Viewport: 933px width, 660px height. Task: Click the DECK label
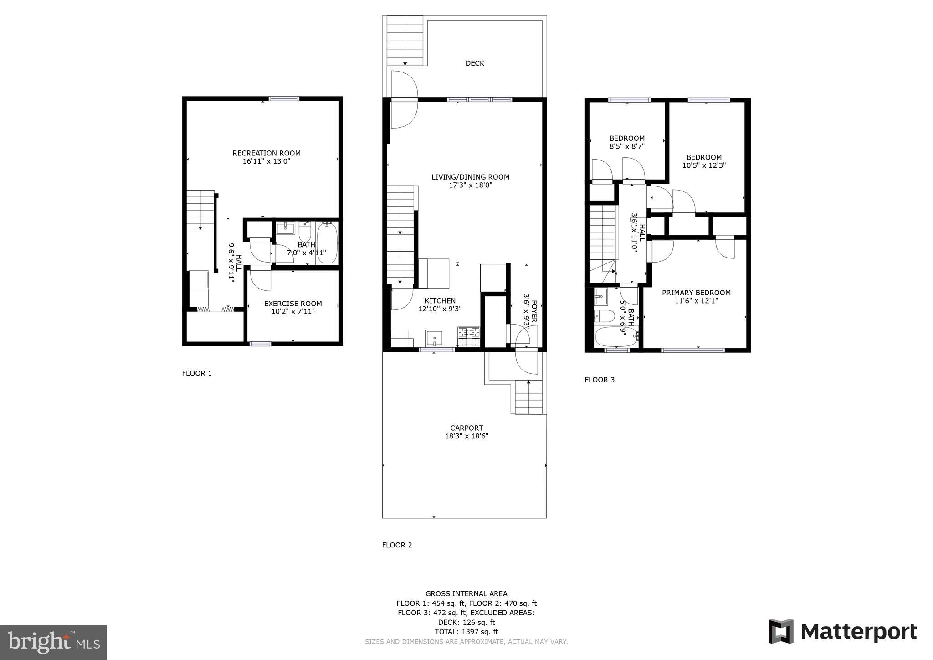tap(474, 63)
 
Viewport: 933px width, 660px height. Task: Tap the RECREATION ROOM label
tap(267, 153)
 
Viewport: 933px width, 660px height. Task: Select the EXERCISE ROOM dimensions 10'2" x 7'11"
tap(292, 312)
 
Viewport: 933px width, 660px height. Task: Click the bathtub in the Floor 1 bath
tap(327, 242)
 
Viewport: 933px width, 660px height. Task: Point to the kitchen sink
tap(434, 338)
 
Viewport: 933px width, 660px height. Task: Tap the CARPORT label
tap(466, 428)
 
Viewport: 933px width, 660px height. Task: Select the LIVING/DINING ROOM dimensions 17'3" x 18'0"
tap(471, 186)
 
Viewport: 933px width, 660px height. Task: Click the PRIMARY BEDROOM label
tap(696, 293)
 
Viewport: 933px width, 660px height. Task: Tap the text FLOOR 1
tap(197, 373)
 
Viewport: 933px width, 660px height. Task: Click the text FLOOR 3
tap(600, 380)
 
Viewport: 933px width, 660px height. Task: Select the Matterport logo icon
tap(781, 631)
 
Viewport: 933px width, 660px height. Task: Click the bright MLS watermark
tap(53, 642)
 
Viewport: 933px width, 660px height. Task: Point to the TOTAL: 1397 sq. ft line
tap(466, 632)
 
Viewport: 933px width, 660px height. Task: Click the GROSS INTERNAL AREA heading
tap(466, 593)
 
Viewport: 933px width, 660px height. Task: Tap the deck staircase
tap(405, 41)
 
